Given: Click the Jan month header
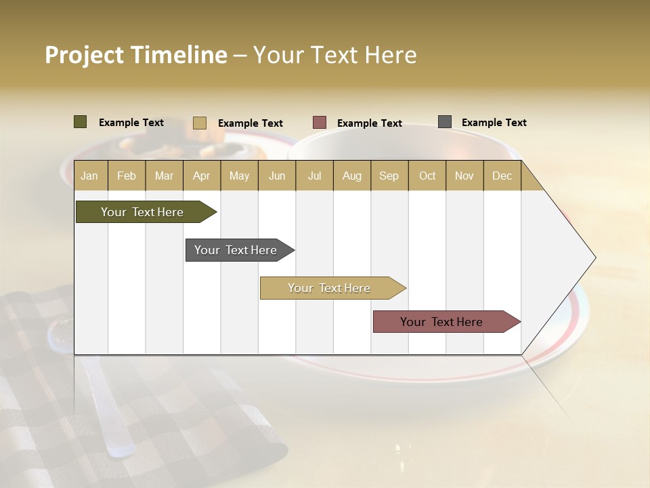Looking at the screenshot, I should tap(89, 176).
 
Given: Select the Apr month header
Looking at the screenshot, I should tap(201, 176).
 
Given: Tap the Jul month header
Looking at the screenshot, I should tap(314, 176).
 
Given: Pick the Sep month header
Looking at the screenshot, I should tap(389, 176).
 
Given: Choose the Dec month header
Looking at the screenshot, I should tap(502, 176).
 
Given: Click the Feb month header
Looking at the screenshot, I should tap(127, 176).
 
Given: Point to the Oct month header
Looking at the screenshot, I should tap(427, 176).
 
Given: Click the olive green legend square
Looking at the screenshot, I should tap(81, 122).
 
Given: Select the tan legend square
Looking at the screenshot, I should tap(200, 123).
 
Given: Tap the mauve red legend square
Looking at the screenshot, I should tap(320, 123).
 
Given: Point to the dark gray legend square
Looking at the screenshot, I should tap(445, 122).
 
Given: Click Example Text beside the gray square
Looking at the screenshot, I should tap(494, 123).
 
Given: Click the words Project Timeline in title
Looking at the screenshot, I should tap(135, 55).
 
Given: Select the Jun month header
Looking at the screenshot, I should tap(277, 176).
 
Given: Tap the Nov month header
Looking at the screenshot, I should tap(464, 176).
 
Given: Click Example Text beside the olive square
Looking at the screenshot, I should tap(131, 123).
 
